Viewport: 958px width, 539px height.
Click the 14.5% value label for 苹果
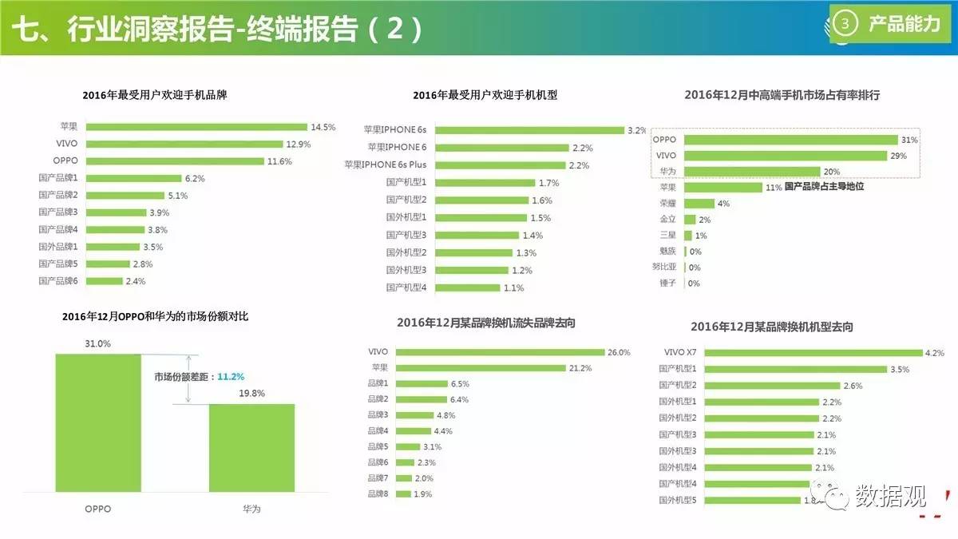pyautogui.click(x=323, y=127)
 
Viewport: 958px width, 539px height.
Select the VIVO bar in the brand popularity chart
pyautogui.click(x=184, y=144)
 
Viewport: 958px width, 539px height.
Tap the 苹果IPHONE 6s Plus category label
pyautogui.click(x=385, y=165)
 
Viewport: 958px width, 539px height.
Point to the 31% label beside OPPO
pyautogui.click(x=910, y=140)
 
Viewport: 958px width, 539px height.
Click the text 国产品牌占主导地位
pyautogui.click(x=825, y=186)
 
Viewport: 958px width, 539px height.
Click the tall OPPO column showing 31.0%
pyautogui.click(x=98, y=422)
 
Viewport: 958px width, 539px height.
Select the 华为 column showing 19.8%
pyautogui.click(x=251, y=447)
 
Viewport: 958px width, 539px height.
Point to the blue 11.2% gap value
pyautogui.click(x=231, y=376)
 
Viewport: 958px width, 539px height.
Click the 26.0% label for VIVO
pyautogui.click(x=619, y=352)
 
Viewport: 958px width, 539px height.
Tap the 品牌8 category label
pyautogui.click(x=378, y=494)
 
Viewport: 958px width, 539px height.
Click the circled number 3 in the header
pyautogui.click(x=845, y=24)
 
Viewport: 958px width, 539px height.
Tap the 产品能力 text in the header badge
pyautogui.click(x=905, y=24)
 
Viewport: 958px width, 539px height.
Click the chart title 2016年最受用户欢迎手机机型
pyautogui.click(x=485, y=95)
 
